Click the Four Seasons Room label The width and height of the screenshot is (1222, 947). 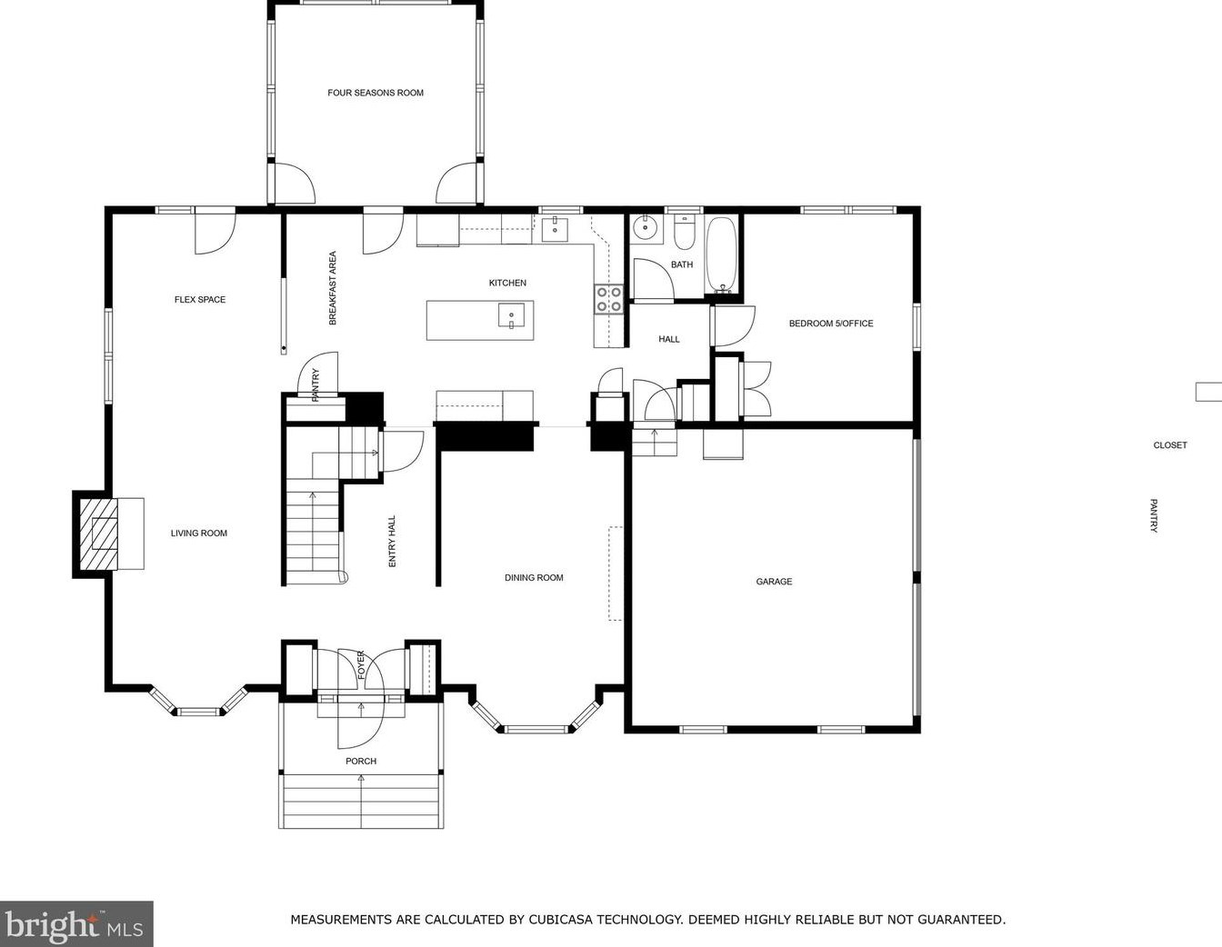(376, 93)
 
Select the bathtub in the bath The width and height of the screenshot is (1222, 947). (723, 255)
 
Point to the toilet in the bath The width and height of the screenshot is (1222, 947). (684, 234)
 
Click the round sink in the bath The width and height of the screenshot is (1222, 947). (646, 228)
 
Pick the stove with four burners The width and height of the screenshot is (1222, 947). (609, 300)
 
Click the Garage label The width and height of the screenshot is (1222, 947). (774, 582)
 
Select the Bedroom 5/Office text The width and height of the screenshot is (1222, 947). (830, 324)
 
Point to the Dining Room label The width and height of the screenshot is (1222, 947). (534, 578)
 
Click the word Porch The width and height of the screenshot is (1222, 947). (361, 762)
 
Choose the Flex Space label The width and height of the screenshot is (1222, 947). (200, 300)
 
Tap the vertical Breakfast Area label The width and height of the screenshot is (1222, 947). (333, 288)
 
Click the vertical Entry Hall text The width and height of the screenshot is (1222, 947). (393, 542)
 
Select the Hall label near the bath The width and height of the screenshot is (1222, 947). (669, 340)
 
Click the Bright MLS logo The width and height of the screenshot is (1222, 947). (75, 924)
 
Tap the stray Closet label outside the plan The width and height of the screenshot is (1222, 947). (1170, 445)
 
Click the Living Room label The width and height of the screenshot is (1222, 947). (199, 533)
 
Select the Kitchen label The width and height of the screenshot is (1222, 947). (507, 284)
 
